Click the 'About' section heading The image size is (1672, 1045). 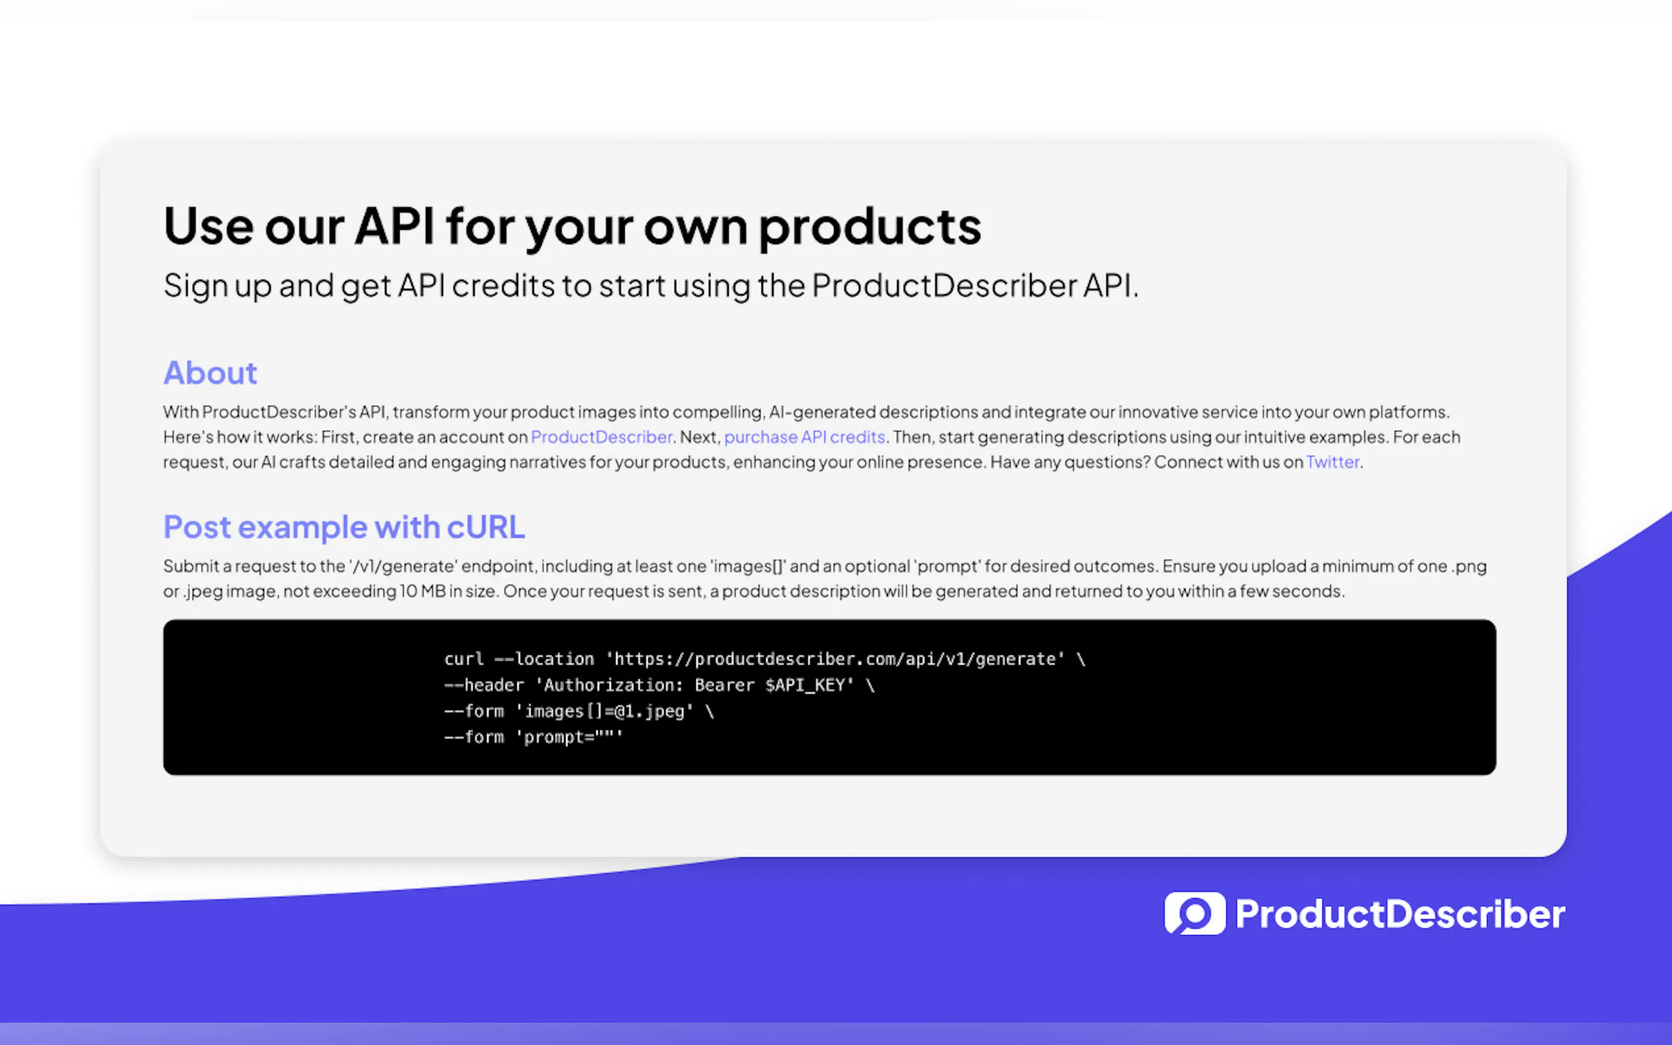(x=210, y=373)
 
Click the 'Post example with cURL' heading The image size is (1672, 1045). (x=344, y=527)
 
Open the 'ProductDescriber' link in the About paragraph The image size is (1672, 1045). (x=602, y=437)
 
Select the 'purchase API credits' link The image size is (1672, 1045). (x=804, y=438)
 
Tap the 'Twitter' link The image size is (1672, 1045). (x=1332, y=462)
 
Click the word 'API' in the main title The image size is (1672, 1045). (x=395, y=225)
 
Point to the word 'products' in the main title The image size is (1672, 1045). (x=870, y=228)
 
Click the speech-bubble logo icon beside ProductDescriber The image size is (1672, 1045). (x=1195, y=913)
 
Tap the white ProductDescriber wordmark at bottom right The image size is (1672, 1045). (x=1400, y=913)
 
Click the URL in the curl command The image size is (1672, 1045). (x=835, y=659)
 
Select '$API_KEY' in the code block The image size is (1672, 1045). (x=805, y=686)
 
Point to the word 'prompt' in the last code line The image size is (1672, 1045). (x=554, y=738)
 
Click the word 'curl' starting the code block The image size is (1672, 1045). (x=464, y=659)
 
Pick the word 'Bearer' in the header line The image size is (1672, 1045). (x=724, y=686)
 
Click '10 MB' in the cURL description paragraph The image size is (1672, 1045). (x=423, y=592)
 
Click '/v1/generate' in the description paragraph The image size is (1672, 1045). (x=404, y=567)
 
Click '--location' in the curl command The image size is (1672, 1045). (x=544, y=659)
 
